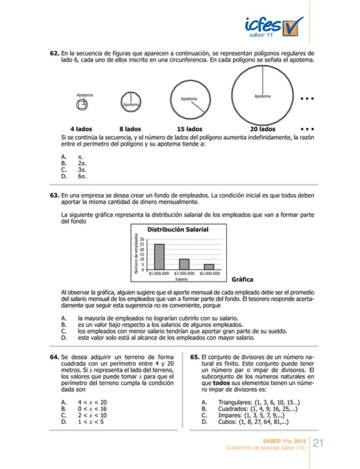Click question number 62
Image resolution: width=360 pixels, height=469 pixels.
point(54,53)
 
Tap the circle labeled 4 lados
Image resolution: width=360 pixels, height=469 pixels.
point(82,105)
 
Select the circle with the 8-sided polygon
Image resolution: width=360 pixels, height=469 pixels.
point(131,102)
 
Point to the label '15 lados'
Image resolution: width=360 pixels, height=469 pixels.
point(189,129)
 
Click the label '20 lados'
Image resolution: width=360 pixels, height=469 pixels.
point(263,129)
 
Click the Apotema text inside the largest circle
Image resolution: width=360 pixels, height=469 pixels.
point(262,96)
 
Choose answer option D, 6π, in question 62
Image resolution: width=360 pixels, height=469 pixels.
point(82,176)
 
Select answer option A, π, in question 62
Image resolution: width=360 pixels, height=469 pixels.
point(80,157)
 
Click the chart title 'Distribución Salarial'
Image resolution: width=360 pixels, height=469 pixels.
point(178,229)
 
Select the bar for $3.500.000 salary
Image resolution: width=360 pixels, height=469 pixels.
point(184,264)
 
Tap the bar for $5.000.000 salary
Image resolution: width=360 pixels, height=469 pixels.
point(209,267)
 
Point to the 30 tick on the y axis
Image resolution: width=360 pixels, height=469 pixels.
point(142,240)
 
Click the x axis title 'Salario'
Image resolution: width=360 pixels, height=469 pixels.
point(181,279)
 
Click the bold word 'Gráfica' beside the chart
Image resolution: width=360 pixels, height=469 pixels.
point(242,280)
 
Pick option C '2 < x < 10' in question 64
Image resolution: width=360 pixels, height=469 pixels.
point(92,415)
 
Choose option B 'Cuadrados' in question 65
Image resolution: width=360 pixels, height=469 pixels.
point(258,409)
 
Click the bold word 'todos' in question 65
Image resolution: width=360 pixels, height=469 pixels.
point(221,383)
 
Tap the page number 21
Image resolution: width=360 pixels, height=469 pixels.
point(318,443)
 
